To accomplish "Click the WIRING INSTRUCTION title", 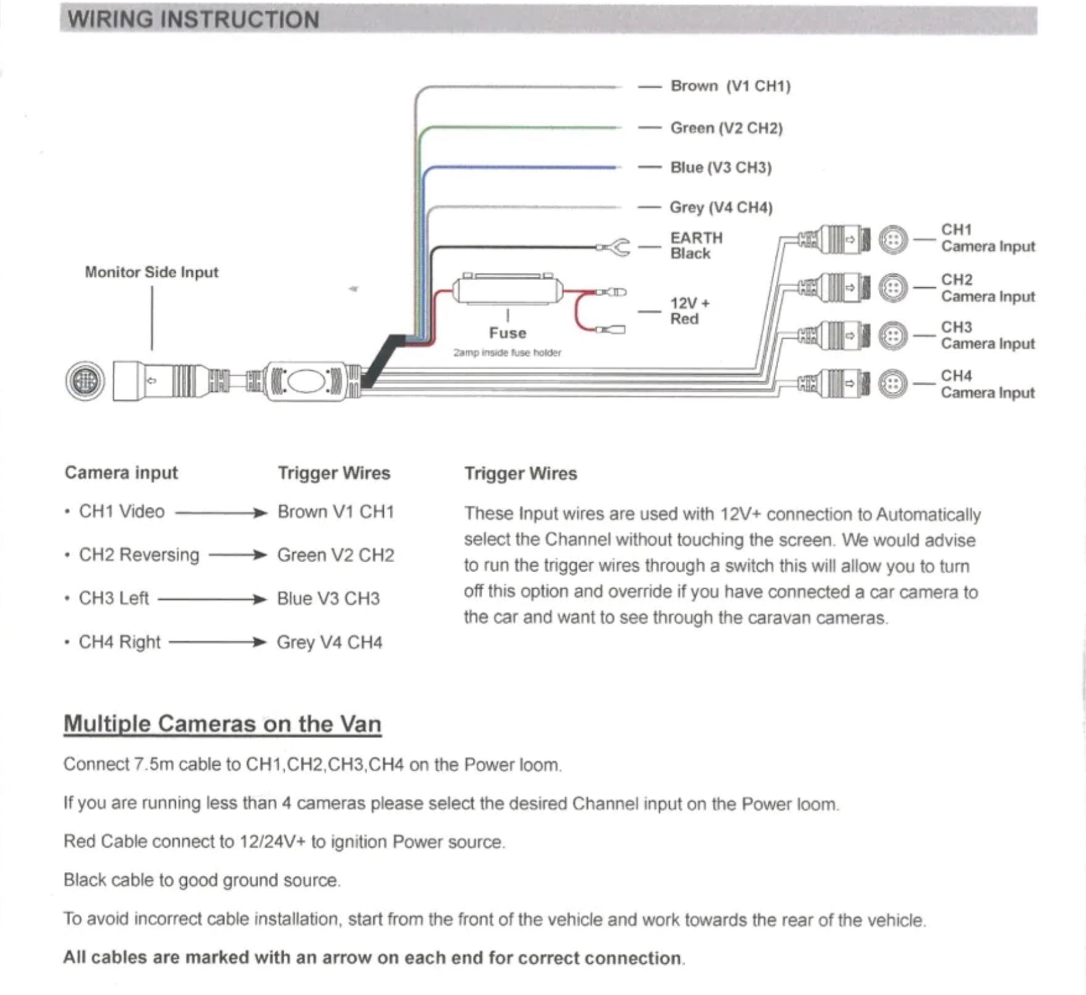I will [194, 19].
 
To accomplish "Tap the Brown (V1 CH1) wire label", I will [730, 86].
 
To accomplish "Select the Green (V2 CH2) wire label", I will [726, 128].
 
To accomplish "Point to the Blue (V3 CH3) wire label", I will [721, 167].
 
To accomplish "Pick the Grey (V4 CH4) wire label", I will [721, 207].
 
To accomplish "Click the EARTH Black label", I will [696, 245].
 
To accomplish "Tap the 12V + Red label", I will [689, 311].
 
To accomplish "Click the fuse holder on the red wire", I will [507, 291].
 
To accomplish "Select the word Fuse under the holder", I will [507, 333].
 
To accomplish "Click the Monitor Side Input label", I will [151, 272].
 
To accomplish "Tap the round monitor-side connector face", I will [85, 381].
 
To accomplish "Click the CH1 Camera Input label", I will [987, 238].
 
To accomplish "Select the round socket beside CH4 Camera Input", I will [893, 383].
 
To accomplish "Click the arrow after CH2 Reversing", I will [238, 555].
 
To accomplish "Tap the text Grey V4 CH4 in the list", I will [329, 642].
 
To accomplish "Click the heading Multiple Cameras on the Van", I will [222, 724].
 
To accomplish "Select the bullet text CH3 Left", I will [114, 599].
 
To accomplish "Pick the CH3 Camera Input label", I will [987, 336].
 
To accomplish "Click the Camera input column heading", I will [122, 473].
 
